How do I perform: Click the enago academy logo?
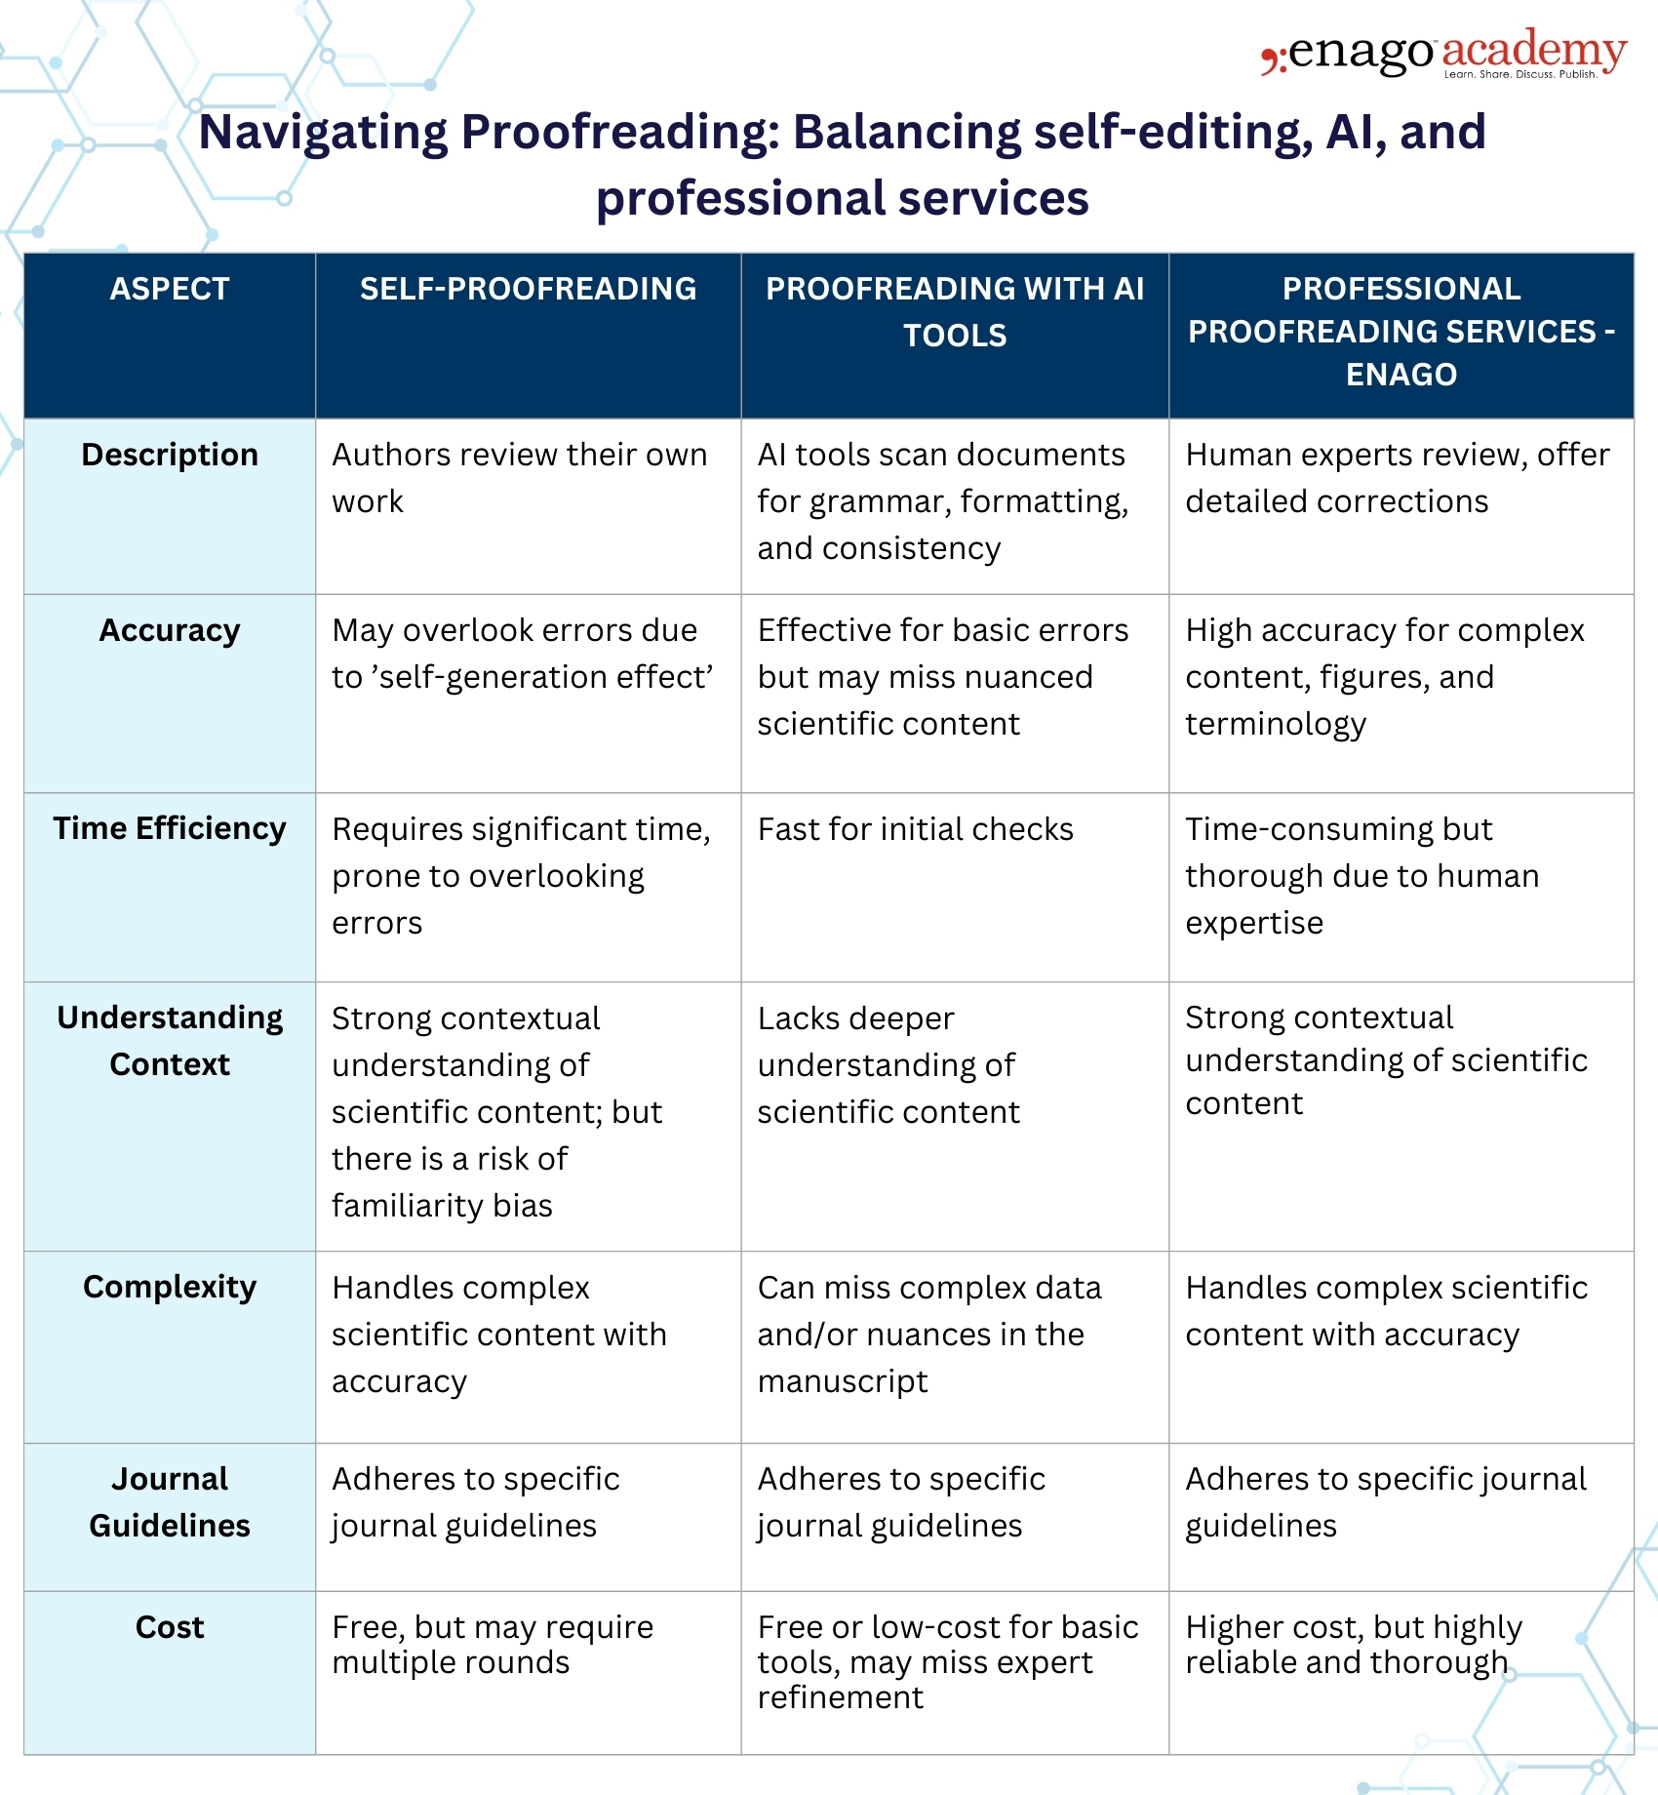[1443, 54]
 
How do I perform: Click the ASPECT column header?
[170, 289]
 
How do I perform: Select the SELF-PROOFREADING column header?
[528, 289]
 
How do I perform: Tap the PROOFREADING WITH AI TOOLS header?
[955, 312]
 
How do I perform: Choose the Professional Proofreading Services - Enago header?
[1401, 332]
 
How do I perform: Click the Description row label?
[170, 455]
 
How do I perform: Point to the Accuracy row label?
[170, 630]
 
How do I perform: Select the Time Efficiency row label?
[170, 828]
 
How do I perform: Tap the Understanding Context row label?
[170, 1041]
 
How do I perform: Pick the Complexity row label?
[170, 1287]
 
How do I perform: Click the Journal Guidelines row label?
[170, 1502]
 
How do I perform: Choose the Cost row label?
[170, 1627]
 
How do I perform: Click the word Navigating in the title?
[323, 133]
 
